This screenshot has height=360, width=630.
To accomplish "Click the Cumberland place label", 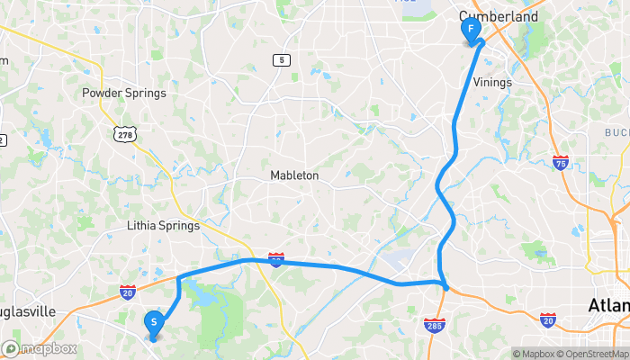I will point(499,16).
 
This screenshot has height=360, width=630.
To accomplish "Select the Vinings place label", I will point(491,82).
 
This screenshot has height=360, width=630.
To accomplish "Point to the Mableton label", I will point(294,176).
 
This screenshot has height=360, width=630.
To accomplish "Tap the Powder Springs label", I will point(124,93).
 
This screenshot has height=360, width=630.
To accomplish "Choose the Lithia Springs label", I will point(163,226).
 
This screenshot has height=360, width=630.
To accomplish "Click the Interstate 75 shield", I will point(560,162).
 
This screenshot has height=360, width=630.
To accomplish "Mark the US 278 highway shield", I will point(124,134).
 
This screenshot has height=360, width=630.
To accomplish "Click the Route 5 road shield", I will point(283,59).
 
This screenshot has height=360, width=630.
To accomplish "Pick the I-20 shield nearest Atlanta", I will point(548,319).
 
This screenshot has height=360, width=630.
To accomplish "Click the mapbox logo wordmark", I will point(40,348).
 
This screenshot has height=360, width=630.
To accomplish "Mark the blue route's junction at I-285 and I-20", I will point(445,286).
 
